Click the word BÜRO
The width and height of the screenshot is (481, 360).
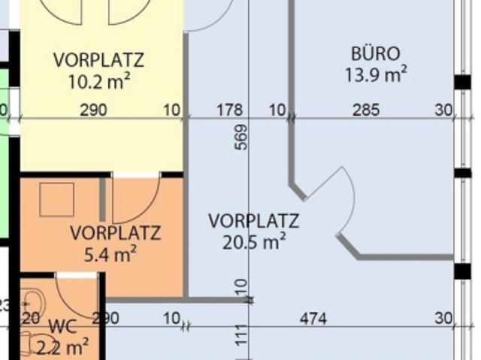pos(375,53)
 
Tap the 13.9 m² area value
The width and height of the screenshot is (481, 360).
pos(376,74)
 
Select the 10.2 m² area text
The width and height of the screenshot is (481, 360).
pos(98,80)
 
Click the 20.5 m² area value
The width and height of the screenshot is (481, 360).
pos(253,241)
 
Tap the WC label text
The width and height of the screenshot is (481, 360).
pos(63,327)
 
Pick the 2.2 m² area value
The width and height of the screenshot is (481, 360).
pos(62,347)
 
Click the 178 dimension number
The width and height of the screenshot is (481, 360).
pos(229,110)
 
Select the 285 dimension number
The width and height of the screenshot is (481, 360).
pos(366,110)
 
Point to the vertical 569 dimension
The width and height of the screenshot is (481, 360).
pos(241,137)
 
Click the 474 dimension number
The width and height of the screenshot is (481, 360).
pos(313,319)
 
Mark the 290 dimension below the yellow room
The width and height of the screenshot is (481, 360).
pos(93,110)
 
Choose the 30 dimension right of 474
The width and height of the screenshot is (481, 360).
pos(443,319)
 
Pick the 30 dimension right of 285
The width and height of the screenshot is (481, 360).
pos(443,110)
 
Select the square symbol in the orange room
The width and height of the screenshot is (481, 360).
pos(57,200)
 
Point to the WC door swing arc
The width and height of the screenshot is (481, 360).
pos(75,297)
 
